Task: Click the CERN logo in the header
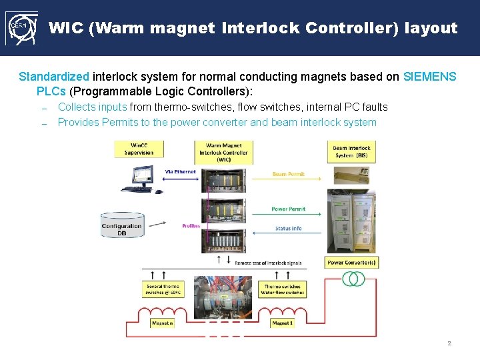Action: [x=20, y=28]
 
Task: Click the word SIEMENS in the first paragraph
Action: [x=430, y=77]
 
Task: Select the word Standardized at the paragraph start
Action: [x=54, y=77]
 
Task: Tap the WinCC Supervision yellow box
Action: [x=139, y=149]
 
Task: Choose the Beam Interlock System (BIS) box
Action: [x=351, y=151]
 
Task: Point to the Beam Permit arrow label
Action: [x=288, y=174]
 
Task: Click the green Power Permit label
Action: [x=288, y=209]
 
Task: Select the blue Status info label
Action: [x=288, y=229]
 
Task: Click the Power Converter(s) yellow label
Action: [x=351, y=263]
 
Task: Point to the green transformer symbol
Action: [x=353, y=278]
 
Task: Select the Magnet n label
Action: [x=162, y=323]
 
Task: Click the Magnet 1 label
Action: [x=282, y=323]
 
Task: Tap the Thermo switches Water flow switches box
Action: [x=282, y=289]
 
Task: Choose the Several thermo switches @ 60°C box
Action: [x=162, y=289]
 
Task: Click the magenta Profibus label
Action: [x=191, y=226]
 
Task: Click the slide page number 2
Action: [x=449, y=343]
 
